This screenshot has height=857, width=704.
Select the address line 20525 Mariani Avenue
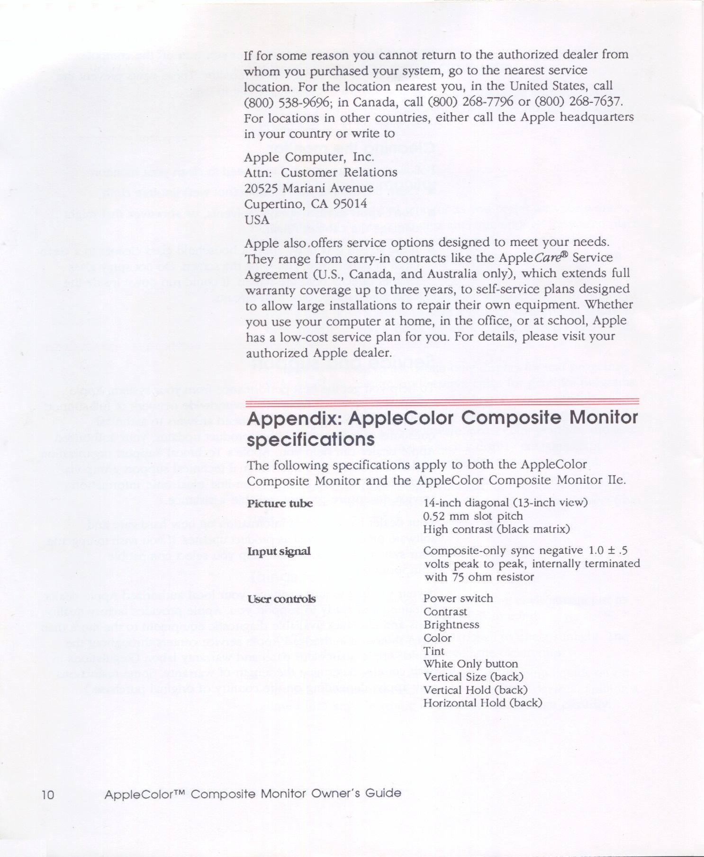tap(309, 189)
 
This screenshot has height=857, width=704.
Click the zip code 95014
tap(351, 204)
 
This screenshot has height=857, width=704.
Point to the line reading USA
tap(257, 220)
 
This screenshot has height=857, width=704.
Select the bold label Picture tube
tap(280, 503)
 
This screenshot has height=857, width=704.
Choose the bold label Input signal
tap(279, 551)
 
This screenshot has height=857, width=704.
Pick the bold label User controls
tap(281, 599)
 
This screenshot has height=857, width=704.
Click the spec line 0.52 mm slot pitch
tap(473, 516)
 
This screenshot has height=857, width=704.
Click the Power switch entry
tap(458, 598)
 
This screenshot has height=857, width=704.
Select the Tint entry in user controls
tap(434, 651)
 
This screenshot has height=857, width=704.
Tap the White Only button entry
tap(470, 664)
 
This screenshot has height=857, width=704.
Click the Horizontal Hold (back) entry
tap(482, 703)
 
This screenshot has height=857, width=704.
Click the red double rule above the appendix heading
tap(442, 403)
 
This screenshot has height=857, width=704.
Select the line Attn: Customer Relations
tap(320, 172)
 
